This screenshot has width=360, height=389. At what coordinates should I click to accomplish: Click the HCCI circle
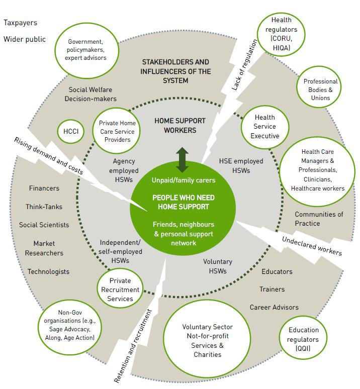tap(71, 131)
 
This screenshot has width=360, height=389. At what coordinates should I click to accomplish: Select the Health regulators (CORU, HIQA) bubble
tap(281, 34)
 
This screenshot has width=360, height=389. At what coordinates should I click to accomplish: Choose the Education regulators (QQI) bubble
tap(303, 340)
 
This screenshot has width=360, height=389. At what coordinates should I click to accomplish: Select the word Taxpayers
tap(20, 23)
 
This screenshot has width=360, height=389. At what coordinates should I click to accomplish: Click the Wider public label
tap(25, 39)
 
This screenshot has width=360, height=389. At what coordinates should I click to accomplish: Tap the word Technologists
tap(48, 271)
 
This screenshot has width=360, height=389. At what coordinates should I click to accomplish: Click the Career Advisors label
tap(274, 307)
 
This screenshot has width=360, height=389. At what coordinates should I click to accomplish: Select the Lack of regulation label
tap(245, 65)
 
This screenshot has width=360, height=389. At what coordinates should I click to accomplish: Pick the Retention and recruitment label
tap(133, 347)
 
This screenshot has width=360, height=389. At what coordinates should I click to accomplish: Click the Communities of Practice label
tap(319, 219)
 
